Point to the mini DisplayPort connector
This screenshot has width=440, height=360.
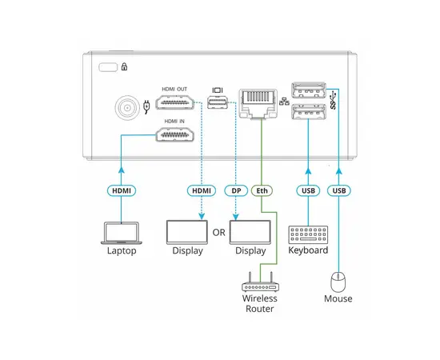(x=216, y=101)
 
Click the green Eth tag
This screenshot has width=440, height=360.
(x=262, y=191)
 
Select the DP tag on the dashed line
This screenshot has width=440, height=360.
(x=235, y=191)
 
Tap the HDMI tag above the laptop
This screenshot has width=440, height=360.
(x=120, y=191)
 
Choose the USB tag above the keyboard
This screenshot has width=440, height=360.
(x=308, y=191)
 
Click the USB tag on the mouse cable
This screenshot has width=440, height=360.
(x=340, y=191)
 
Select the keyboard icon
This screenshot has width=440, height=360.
(x=308, y=234)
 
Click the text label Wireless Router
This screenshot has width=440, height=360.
(x=260, y=303)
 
